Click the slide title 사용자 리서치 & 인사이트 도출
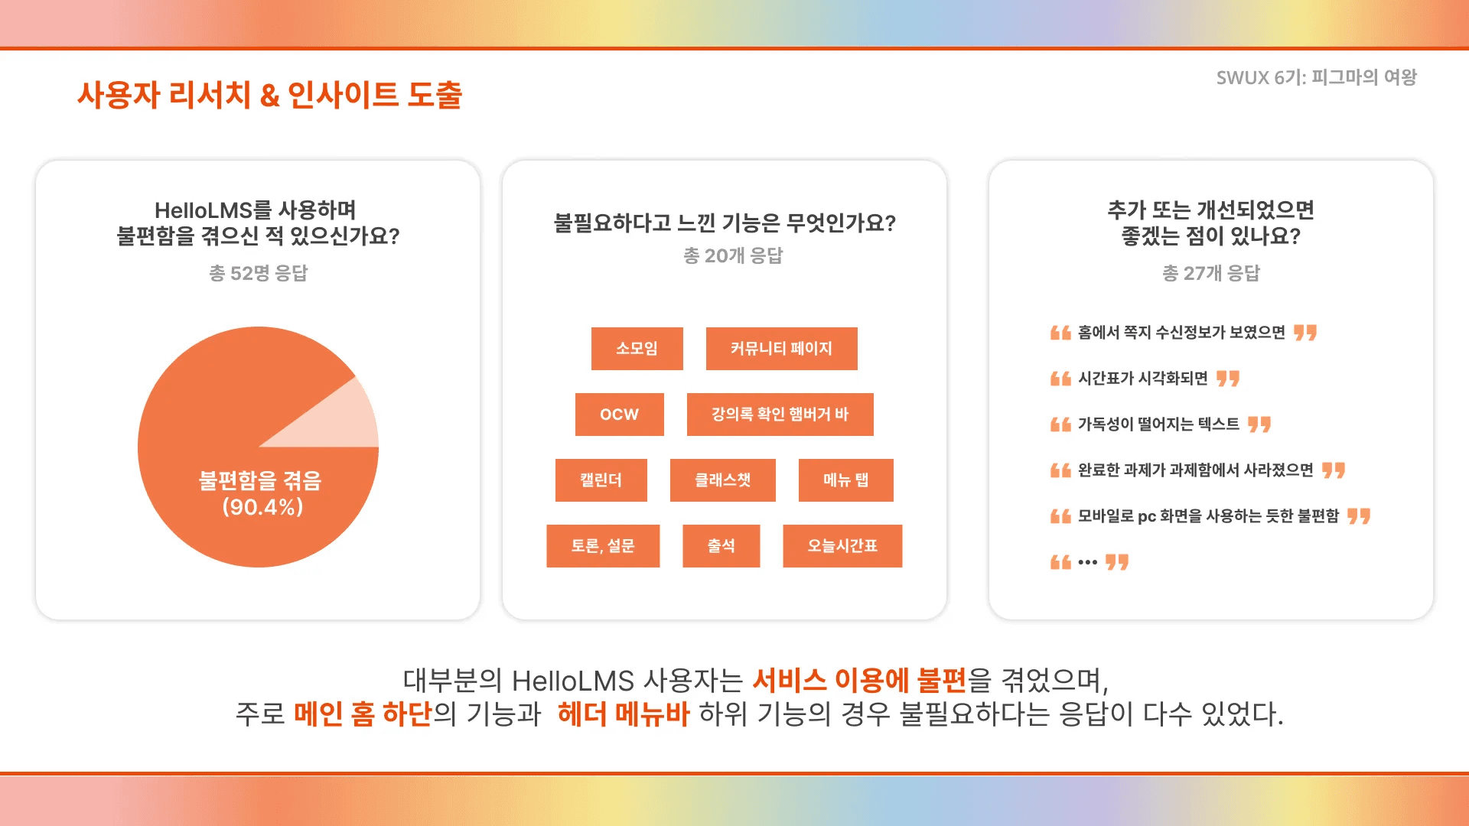[x=269, y=95]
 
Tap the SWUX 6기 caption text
[x=1316, y=77]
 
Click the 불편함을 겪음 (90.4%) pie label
[x=261, y=493]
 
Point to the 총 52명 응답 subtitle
[x=258, y=273]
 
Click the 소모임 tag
[x=637, y=349]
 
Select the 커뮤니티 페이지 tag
[x=781, y=349]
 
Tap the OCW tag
[x=619, y=415]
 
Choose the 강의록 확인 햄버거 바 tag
[x=780, y=415]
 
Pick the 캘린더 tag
[x=601, y=480]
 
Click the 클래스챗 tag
[x=722, y=480]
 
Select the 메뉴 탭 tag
[x=845, y=480]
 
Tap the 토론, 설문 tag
[x=603, y=546]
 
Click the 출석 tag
[x=721, y=546]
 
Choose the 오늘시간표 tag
[x=842, y=546]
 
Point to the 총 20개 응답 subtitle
[x=733, y=255]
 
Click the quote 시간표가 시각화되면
[x=1142, y=378]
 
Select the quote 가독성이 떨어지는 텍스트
[x=1158, y=424]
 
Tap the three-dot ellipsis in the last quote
[x=1087, y=562]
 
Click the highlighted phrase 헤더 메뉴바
[x=624, y=714]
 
